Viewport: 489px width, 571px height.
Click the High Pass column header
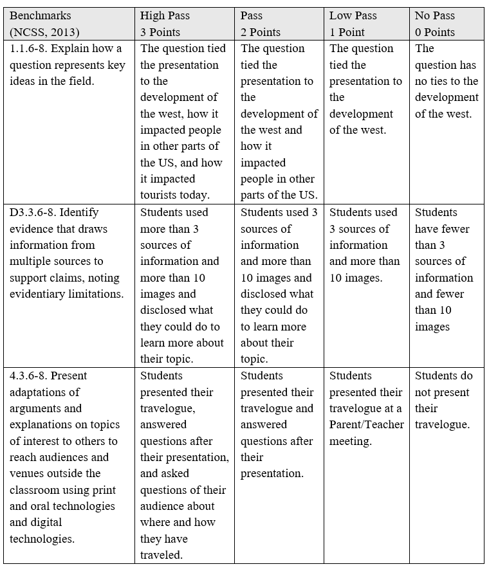point(165,15)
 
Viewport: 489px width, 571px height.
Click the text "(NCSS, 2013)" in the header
point(43,32)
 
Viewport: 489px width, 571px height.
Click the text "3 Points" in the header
point(161,32)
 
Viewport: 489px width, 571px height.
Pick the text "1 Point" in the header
point(348,32)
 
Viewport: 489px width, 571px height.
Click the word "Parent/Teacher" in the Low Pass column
point(366,425)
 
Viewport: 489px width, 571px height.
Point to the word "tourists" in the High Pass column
point(161,195)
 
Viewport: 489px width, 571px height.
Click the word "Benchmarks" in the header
point(41,15)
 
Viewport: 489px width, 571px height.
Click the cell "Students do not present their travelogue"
point(443,400)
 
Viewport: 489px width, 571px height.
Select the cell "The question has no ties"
point(447,81)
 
